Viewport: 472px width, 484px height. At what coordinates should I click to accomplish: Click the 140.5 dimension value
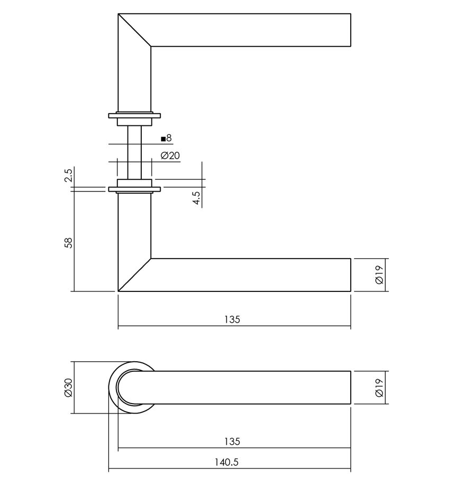tap(226, 462)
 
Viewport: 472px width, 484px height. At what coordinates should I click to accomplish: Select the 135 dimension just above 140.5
tap(232, 441)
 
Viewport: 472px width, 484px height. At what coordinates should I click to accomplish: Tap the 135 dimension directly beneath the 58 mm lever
tap(232, 319)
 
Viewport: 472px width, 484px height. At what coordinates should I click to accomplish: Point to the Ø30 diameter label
tap(67, 388)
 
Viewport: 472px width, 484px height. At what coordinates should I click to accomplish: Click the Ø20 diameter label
tap(170, 156)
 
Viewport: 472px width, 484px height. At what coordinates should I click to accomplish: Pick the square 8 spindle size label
tap(167, 139)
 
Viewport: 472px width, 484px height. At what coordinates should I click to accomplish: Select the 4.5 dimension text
tap(196, 198)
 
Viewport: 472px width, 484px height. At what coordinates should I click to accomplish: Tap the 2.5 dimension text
tap(67, 175)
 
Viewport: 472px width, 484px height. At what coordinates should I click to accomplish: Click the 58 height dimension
tap(67, 243)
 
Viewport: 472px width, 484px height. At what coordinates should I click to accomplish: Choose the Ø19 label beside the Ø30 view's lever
tap(379, 388)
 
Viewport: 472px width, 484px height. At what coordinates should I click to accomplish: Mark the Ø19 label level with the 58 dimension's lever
tap(379, 275)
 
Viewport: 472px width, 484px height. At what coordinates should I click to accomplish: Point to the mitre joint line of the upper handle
tap(134, 30)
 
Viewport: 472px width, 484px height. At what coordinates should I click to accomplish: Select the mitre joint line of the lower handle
tap(134, 275)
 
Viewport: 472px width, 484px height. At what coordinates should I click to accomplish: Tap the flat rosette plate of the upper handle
tap(134, 114)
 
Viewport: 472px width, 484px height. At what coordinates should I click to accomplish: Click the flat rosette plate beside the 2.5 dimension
tap(134, 189)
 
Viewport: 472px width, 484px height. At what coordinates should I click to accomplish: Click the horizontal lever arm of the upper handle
tap(249, 30)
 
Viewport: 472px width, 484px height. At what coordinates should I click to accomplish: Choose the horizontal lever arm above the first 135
tap(249, 275)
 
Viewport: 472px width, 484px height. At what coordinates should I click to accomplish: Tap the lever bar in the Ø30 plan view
tap(249, 388)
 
